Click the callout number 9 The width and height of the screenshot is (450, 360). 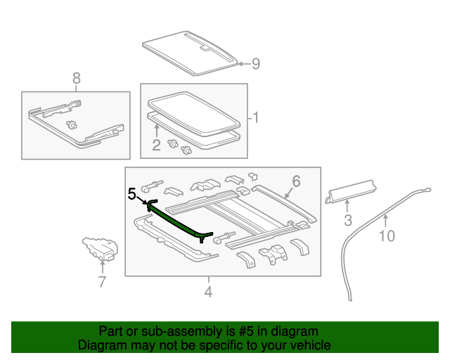256,64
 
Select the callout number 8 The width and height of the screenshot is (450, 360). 76,77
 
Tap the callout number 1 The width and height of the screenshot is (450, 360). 257,117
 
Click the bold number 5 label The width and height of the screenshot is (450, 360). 131,193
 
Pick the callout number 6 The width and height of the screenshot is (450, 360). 296,181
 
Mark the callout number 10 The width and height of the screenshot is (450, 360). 387,236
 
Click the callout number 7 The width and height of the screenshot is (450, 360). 102,282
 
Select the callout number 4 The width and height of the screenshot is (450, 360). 208,291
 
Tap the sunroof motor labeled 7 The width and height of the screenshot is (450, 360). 100,248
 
